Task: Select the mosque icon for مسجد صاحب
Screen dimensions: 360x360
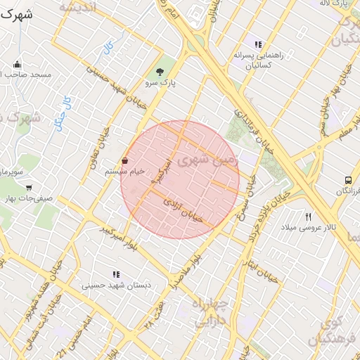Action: click(x=17, y=65)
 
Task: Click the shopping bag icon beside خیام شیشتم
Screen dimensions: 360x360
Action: click(x=125, y=160)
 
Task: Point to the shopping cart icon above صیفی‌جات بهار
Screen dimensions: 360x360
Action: click(x=28, y=188)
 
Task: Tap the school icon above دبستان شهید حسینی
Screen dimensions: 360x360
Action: click(x=115, y=274)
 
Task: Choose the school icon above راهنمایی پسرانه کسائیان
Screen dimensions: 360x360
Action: click(x=258, y=44)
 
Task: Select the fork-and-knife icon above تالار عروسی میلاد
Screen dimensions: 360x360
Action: click(x=308, y=217)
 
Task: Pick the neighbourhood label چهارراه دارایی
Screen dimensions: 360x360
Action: click(x=210, y=313)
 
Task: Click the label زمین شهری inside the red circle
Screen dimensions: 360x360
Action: click(x=209, y=162)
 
